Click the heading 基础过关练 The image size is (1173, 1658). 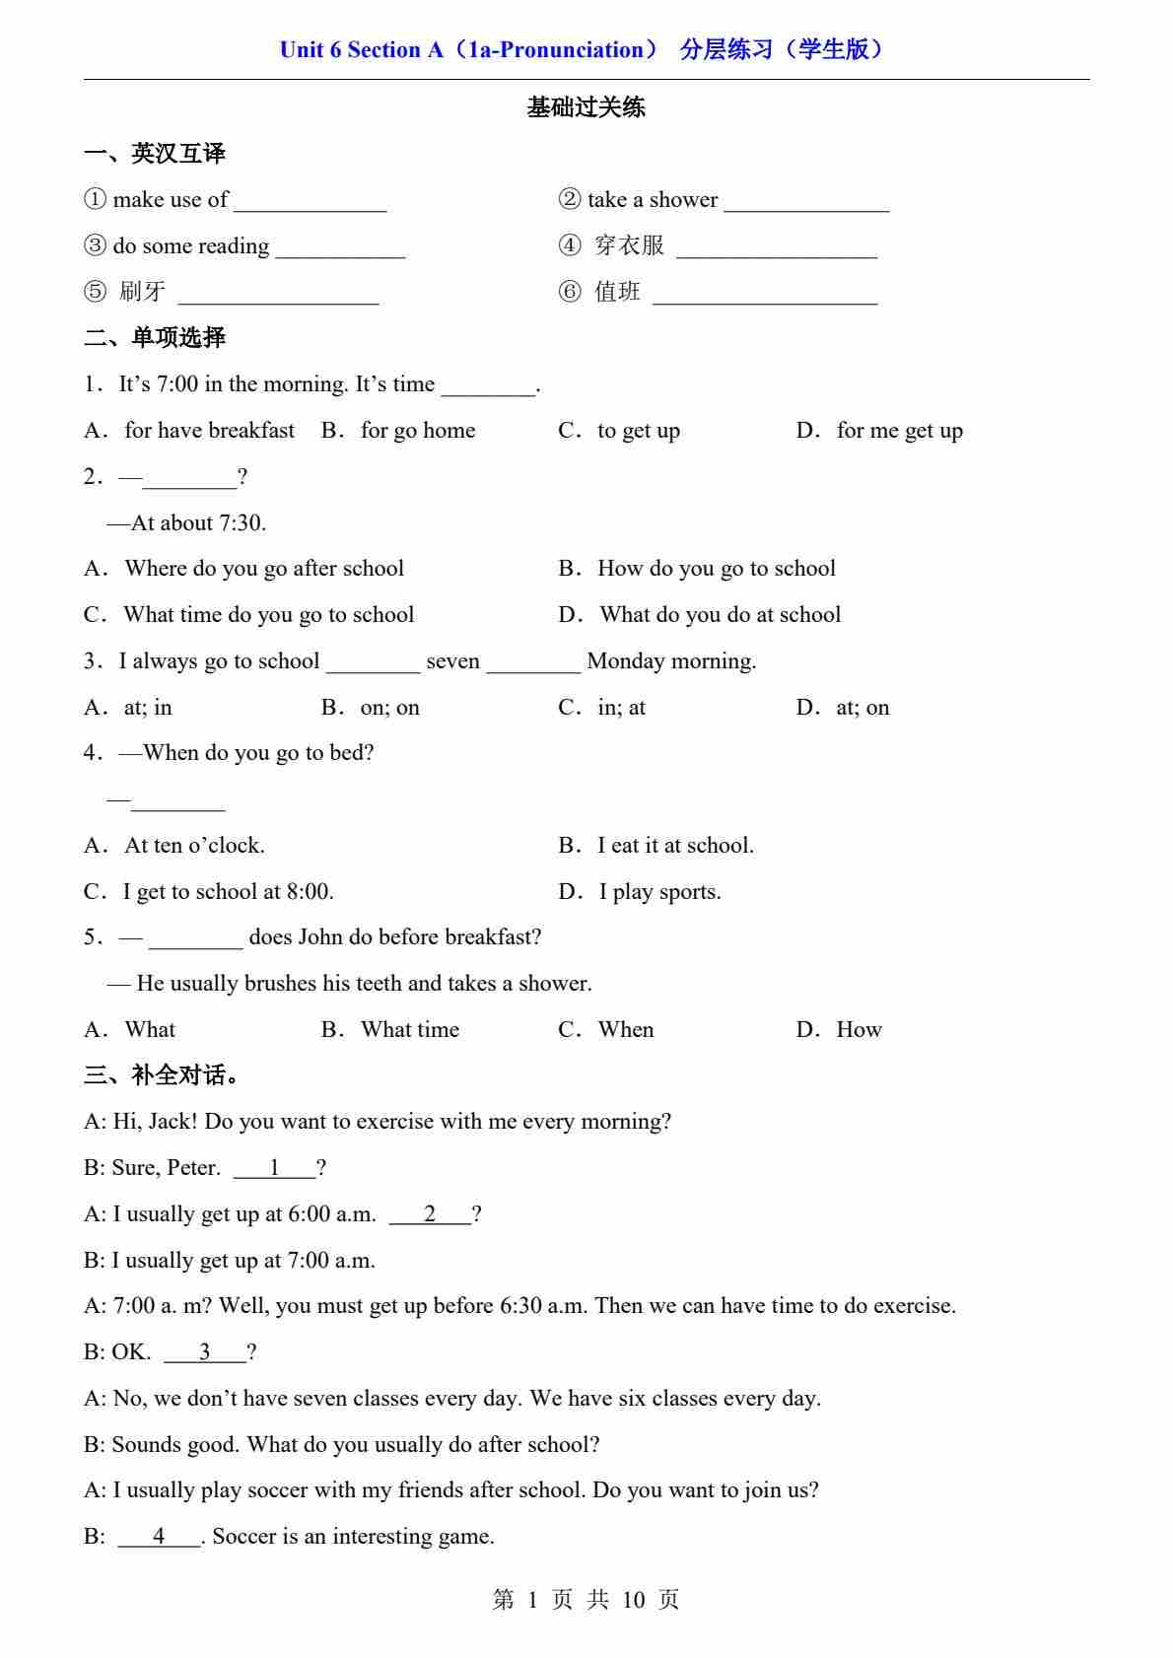pyautogui.click(x=586, y=107)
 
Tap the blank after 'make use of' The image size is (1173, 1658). pyautogui.click(x=310, y=202)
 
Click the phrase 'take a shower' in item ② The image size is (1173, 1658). pyautogui.click(x=652, y=200)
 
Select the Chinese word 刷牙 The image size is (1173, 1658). pyautogui.click(x=142, y=292)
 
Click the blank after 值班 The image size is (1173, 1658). pyautogui.click(x=764, y=295)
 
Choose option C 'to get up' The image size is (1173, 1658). pyautogui.click(x=638, y=431)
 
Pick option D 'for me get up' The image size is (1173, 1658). pyautogui.click(x=899, y=431)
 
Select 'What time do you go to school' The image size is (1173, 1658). pyautogui.click(x=268, y=615)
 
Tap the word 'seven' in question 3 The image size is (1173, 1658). pyautogui.click(x=452, y=661)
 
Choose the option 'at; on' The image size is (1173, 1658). pyautogui.click(x=862, y=708)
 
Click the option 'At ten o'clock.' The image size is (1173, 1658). pyautogui.click(x=194, y=846)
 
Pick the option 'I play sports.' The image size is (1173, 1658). pyautogui.click(x=659, y=892)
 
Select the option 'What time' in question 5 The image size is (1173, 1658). pyautogui.click(x=409, y=1030)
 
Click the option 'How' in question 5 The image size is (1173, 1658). pyautogui.click(x=859, y=1030)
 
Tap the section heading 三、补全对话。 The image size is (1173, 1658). pyautogui.click(x=163, y=1075)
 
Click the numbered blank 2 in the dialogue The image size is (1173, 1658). pyautogui.click(x=430, y=1214)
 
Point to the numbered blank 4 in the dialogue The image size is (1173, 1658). pyautogui.click(x=159, y=1537)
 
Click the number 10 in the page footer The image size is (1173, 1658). pyautogui.click(x=633, y=1600)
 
